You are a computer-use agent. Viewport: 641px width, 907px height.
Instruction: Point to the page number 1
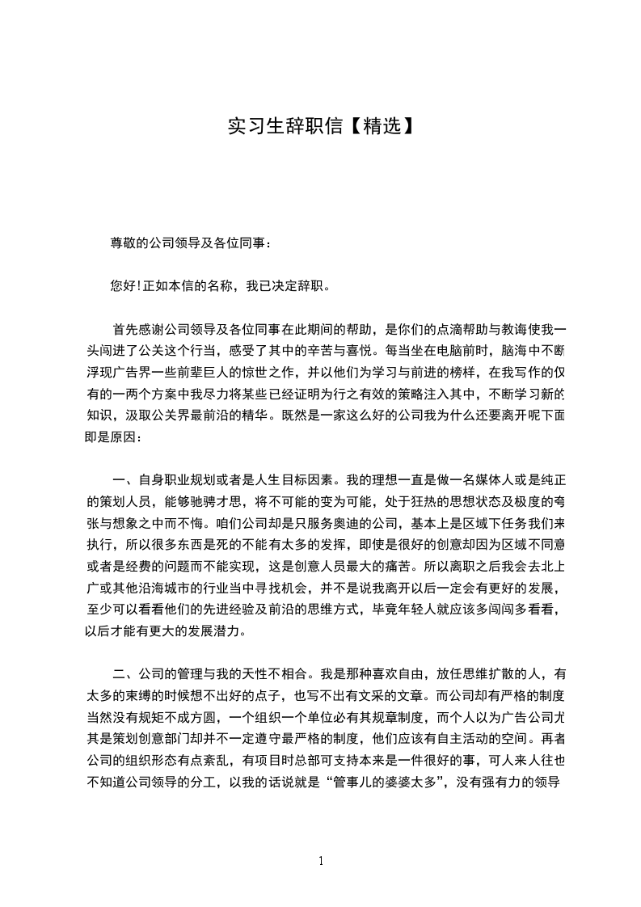click(x=321, y=861)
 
